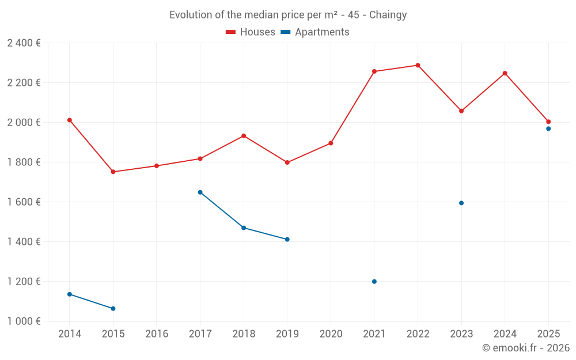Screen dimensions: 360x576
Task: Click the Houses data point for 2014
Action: coord(70,120)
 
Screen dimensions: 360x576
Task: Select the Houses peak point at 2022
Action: coord(418,65)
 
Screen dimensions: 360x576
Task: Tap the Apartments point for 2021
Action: coord(374,282)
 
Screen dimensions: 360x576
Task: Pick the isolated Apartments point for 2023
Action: coord(461,203)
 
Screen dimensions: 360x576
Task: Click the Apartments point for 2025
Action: coord(548,128)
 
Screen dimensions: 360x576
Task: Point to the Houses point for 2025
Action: coord(548,122)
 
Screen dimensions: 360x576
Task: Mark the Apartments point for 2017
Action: coord(200,192)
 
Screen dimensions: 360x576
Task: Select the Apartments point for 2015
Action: coord(113,309)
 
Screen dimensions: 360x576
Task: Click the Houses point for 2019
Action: coord(287,162)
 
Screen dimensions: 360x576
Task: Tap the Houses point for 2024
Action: coord(505,73)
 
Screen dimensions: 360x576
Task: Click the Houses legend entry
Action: coord(251,32)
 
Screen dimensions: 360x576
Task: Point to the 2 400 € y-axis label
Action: coord(24,43)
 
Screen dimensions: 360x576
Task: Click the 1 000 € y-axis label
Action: coord(24,321)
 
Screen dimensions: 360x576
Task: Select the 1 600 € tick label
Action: coord(24,202)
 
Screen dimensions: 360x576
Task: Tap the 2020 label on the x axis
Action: coord(331,334)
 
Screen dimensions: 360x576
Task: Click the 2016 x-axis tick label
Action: coord(157,334)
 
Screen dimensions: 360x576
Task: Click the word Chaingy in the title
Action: coord(388,15)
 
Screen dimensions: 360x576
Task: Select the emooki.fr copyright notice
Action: coord(525,348)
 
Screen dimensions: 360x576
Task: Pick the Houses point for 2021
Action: coord(374,71)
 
